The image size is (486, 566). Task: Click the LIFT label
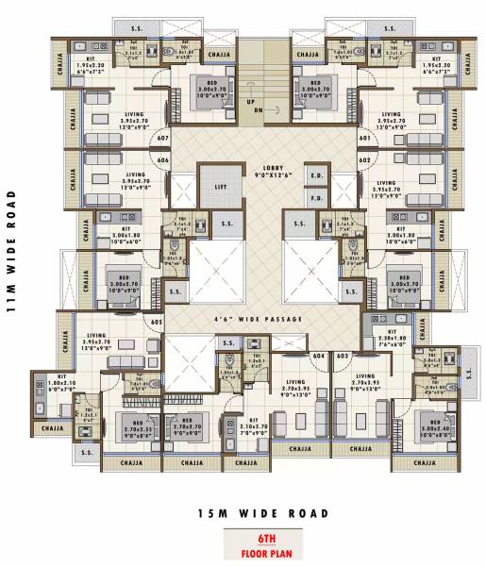[220, 188]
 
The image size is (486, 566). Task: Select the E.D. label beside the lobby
[316, 176]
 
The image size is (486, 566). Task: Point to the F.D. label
[316, 199]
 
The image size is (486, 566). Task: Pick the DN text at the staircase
[250, 110]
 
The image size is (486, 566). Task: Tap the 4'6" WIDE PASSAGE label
[258, 320]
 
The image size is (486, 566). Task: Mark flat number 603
[342, 356]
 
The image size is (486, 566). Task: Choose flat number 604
[318, 356]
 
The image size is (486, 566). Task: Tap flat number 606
[163, 159]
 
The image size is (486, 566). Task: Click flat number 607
[163, 139]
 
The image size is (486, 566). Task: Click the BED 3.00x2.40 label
[436, 426]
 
